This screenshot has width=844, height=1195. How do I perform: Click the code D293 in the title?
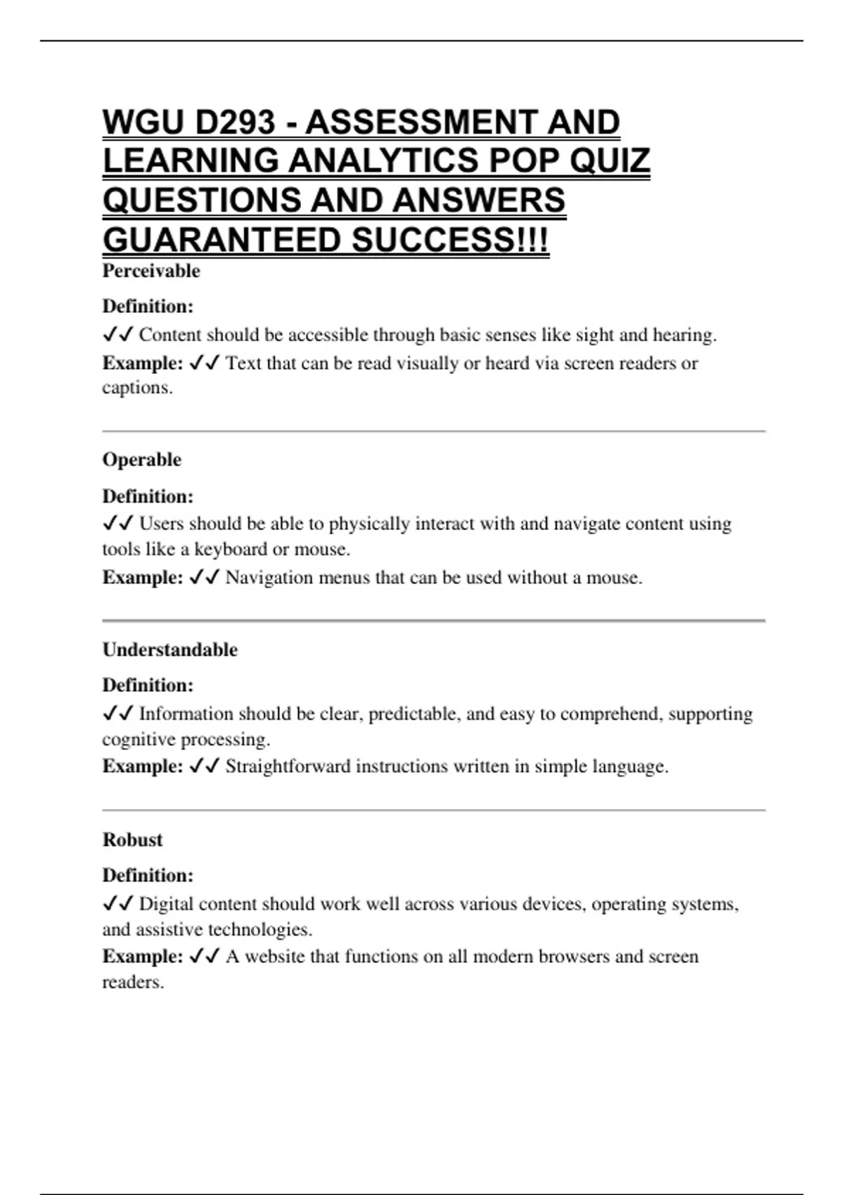tap(236, 122)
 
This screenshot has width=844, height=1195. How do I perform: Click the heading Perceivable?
tap(151, 271)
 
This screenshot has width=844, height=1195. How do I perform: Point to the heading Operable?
tap(141, 460)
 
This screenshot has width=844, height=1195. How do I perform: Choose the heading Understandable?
tap(170, 650)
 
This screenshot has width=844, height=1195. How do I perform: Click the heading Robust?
tap(132, 839)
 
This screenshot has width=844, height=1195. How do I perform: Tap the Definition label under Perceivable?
tap(148, 306)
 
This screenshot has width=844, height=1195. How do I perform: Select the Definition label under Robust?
tap(148, 875)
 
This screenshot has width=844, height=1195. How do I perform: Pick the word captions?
tap(137, 388)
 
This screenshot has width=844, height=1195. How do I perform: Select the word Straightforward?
tap(288, 766)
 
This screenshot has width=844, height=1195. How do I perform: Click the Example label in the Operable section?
tap(143, 578)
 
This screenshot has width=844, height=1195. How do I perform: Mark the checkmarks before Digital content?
tap(117, 904)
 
